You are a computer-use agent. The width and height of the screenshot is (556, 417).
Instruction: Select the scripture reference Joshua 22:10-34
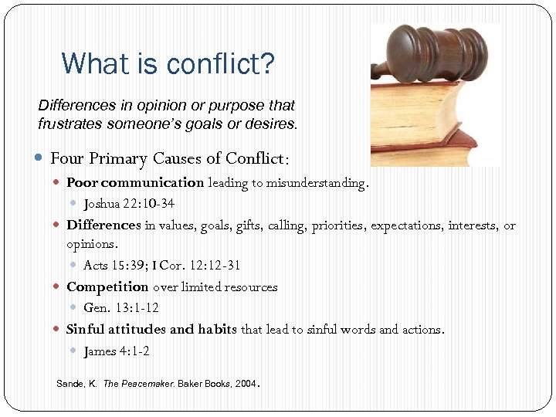click(129, 204)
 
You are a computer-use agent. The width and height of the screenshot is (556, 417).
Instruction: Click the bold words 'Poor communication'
click(135, 183)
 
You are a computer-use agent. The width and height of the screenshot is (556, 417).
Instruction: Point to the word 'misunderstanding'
click(317, 183)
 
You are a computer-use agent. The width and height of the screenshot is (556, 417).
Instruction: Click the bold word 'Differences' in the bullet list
click(103, 225)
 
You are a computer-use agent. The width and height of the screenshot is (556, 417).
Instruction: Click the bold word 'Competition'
click(107, 287)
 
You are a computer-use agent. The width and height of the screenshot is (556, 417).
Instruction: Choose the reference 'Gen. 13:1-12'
click(120, 308)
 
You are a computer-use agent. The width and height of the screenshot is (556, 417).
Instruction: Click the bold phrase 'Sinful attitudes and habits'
click(152, 330)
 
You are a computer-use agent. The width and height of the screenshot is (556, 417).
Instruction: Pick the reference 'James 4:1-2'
click(117, 351)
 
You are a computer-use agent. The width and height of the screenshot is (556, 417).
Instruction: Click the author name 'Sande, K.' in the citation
click(77, 383)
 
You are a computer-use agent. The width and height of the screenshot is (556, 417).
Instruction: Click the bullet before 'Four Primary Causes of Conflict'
click(40, 158)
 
